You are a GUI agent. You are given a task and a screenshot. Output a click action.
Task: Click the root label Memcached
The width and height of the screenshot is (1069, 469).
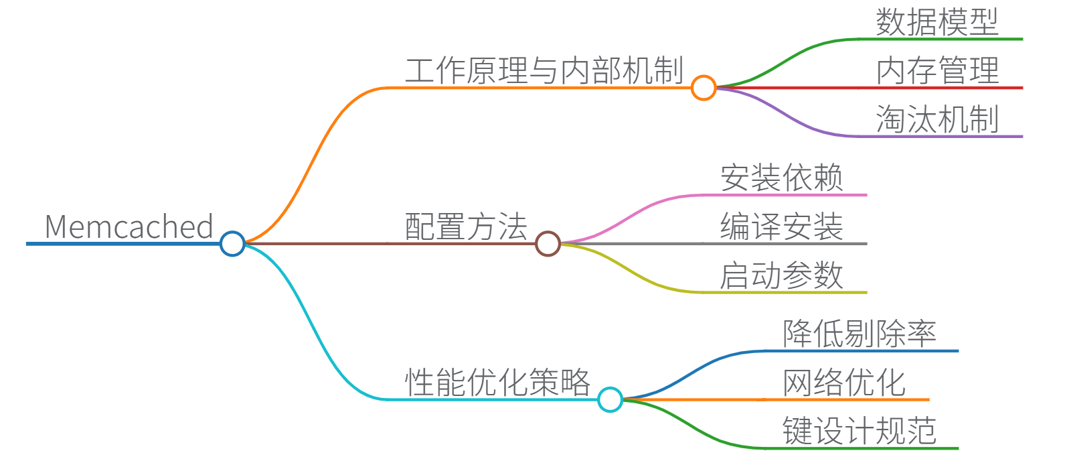(x=129, y=227)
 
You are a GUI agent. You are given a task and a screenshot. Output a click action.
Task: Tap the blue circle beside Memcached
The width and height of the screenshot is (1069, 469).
(x=232, y=243)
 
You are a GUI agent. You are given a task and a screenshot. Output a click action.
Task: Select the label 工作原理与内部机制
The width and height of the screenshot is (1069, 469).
(x=544, y=71)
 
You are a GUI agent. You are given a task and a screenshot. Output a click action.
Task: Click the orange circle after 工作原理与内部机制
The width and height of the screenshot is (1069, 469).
(x=704, y=88)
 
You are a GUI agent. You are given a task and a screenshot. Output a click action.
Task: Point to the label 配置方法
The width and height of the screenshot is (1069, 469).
(x=466, y=227)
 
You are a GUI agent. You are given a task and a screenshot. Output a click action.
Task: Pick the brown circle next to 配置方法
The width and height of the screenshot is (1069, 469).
(x=548, y=243)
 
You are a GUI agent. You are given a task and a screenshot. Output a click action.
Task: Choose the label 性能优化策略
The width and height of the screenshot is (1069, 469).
(x=497, y=383)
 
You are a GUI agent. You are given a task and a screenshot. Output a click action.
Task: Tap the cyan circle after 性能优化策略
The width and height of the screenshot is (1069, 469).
(x=610, y=399)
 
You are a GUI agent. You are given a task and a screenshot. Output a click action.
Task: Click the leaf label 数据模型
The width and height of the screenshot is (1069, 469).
(x=937, y=23)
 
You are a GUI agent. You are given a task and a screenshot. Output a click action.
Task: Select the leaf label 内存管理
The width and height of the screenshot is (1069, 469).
(x=937, y=71)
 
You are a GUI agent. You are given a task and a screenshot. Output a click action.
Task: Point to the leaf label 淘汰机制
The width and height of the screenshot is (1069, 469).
(x=937, y=120)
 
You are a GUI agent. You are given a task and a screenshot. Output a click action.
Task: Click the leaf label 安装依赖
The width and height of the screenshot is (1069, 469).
(x=781, y=178)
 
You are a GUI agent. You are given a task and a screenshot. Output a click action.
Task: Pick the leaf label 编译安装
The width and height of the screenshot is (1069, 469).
(x=781, y=227)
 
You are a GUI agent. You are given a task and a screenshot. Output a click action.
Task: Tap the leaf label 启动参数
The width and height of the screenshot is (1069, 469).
(x=781, y=276)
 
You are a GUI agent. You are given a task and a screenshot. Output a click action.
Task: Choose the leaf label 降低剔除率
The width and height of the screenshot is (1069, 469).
(x=859, y=334)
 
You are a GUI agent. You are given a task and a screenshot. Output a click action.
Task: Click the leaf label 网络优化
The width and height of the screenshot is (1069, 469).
(x=844, y=383)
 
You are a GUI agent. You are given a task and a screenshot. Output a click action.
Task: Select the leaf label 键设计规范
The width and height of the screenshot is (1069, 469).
(x=859, y=431)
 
